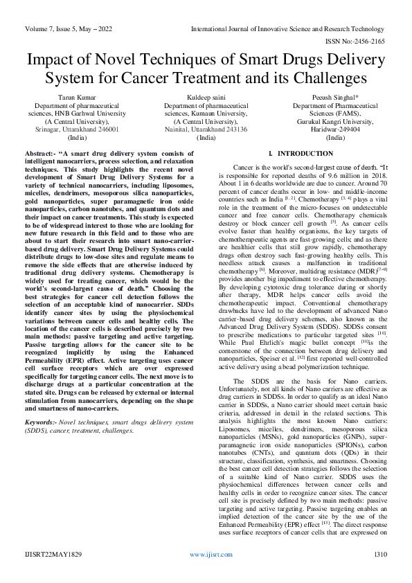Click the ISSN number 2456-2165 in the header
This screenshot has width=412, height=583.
(375, 42)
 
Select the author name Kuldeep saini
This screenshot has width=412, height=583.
(206, 98)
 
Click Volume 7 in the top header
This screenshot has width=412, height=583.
(42, 31)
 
